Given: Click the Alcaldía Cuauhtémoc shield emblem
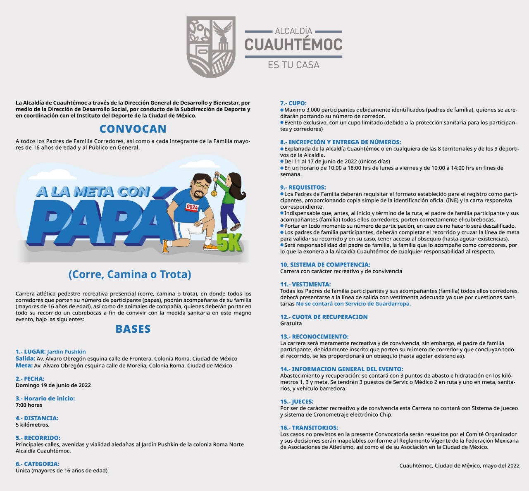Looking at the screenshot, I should (x=211, y=47).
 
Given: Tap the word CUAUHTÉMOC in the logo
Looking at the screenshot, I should (x=293, y=45).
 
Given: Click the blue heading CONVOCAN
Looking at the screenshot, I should (x=133, y=129).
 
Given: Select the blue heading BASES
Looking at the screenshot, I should (x=133, y=329).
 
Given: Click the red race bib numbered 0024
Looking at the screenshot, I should (x=192, y=207).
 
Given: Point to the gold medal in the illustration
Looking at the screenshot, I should (x=214, y=193).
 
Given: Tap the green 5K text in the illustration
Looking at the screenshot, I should (x=229, y=243).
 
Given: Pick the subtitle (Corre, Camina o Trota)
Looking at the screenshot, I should (x=130, y=274).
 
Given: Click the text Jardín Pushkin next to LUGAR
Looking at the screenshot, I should (x=67, y=352).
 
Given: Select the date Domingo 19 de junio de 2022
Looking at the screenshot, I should (x=53, y=385).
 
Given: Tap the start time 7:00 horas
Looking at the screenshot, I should (x=29, y=405).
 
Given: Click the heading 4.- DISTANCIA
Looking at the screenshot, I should (x=37, y=418).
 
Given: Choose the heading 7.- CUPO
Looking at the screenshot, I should (x=293, y=103).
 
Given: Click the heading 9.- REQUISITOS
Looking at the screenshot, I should (x=303, y=187).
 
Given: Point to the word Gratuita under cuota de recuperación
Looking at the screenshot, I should (x=291, y=324).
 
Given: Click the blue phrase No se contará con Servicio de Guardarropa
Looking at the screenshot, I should (x=353, y=304).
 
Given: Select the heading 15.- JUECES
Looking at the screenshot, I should (x=297, y=401).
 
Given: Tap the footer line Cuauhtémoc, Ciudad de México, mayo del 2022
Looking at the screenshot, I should (x=459, y=466).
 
